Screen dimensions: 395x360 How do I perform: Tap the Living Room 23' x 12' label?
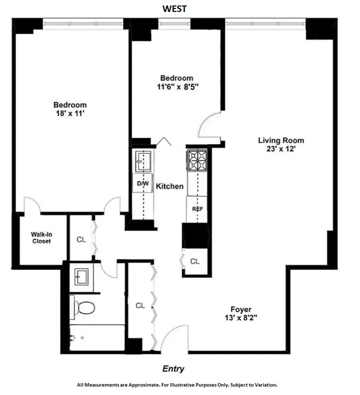tap(281, 144)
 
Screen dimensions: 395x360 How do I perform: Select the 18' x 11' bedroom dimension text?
tap(70, 113)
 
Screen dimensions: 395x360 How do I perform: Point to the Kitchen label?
tap(170, 187)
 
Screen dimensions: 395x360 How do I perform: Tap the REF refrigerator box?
tap(197, 209)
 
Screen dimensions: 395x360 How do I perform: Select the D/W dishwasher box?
tap(144, 184)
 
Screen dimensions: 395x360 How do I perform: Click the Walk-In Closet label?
tap(42, 238)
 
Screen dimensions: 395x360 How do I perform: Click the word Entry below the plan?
tap(174, 369)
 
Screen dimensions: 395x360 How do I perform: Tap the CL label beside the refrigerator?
tap(195, 261)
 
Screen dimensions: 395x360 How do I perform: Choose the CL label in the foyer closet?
tap(141, 306)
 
